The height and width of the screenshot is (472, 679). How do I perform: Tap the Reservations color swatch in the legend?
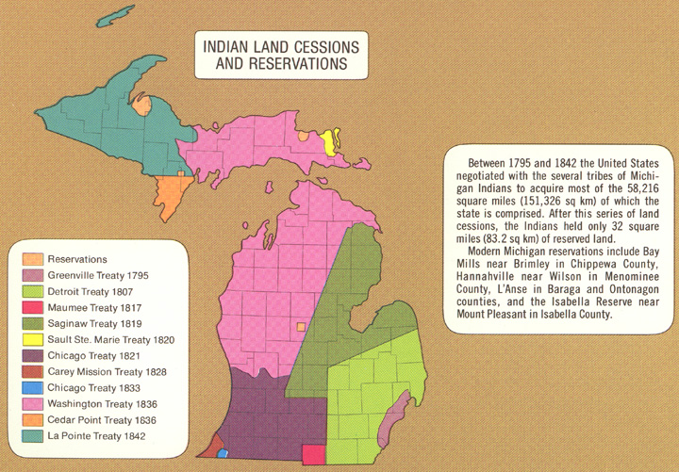tap(32, 259)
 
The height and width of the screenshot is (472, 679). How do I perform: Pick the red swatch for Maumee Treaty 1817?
tap(32, 307)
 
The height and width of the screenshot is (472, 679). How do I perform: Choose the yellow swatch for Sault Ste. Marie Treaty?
tap(32, 339)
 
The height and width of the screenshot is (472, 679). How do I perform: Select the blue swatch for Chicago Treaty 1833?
tap(32, 387)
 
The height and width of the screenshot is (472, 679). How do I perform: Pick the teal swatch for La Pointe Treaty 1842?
tap(32, 435)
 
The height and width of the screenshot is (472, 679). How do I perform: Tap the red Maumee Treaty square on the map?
tap(313, 454)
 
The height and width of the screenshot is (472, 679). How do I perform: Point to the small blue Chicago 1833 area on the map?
tap(224, 453)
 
